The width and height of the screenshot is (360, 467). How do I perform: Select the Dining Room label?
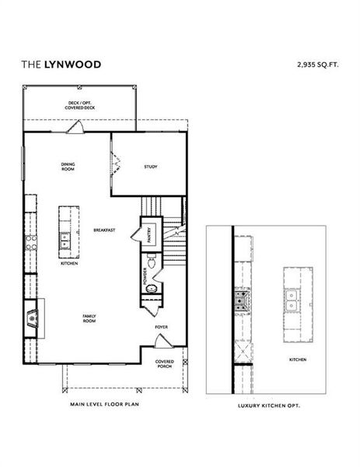click(68, 166)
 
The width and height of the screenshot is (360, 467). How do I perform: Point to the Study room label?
click(151, 167)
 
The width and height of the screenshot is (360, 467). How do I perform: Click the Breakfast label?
click(105, 230)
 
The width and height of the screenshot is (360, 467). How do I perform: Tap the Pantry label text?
click(149, 235)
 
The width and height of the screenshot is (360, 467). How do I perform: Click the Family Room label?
click(90, 318)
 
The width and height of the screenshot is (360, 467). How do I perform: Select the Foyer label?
click(161, 328)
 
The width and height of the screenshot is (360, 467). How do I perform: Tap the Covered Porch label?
click(164, 363)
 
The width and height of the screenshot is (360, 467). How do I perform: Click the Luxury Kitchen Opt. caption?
click(268, 406)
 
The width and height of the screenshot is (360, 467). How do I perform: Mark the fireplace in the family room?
click(31, 318)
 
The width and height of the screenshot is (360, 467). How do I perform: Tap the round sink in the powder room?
click(151, 290)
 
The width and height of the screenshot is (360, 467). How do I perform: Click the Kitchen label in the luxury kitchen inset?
click(297, 360)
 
